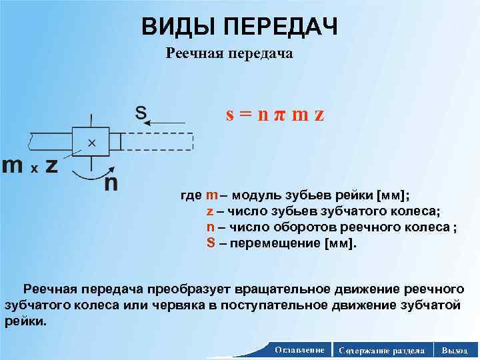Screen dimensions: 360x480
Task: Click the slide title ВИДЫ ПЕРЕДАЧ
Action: click(x=240, y=26)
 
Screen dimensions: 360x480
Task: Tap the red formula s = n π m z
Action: click(x=275, y=115)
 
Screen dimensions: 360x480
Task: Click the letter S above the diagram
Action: click(x=141, y=112)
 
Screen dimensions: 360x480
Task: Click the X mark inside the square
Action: click(x=91, y=143)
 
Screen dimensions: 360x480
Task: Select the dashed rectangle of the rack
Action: click(x=157, y=142)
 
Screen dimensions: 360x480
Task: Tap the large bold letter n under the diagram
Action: click(x=111, y=183)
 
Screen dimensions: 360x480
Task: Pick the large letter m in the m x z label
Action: click(x=13, y=166)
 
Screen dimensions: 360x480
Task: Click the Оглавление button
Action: click(x=299, y=350)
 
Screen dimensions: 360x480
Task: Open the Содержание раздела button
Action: click(x=381, y=350)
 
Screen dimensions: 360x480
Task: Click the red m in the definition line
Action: click(x=211, y=195)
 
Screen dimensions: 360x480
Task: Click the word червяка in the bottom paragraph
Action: click(x=184, y=305)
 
